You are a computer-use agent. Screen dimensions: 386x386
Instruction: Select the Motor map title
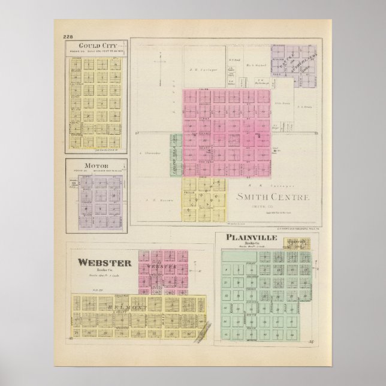(97, 164)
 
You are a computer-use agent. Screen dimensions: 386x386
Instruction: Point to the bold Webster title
(104, 262)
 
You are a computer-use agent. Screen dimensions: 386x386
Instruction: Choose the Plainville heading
(251, 238)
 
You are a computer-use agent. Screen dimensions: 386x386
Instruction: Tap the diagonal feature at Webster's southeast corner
(204, 326)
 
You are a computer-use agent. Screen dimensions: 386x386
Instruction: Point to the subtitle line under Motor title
(97, 170)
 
